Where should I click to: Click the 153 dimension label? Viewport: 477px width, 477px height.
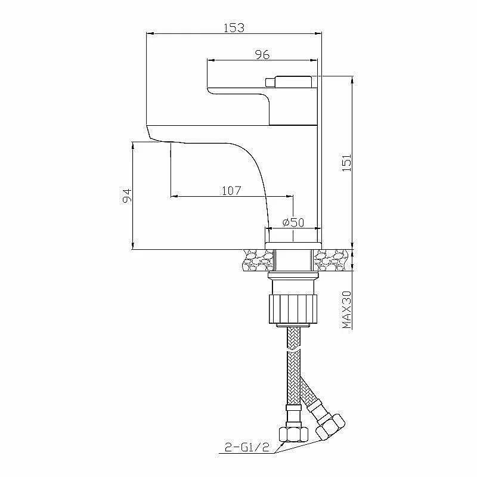234,27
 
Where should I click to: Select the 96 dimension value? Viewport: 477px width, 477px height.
262,55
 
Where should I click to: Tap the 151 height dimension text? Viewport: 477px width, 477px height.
347,163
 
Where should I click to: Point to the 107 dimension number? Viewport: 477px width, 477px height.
231,191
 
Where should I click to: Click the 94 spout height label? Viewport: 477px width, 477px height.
127,196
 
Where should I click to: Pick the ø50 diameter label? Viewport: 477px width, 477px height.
293,222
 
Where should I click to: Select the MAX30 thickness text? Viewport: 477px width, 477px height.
347,310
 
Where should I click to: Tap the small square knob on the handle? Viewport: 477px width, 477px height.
270,82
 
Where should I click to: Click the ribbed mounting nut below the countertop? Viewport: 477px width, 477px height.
293,309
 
